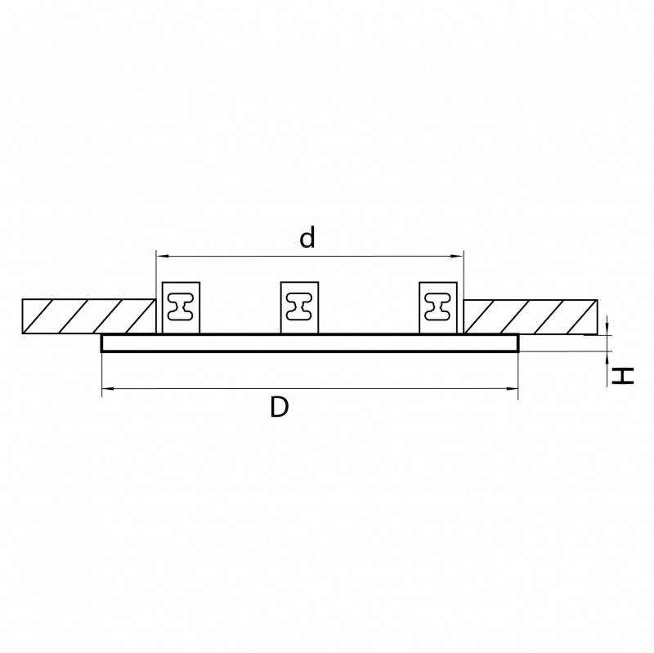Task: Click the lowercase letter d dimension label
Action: [307, 238]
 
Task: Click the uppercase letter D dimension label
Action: [280, 407]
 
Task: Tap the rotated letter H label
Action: [624, 376]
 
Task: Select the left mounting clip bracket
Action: [181, 307]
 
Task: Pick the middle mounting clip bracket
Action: [300, 307]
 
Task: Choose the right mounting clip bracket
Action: [439, 307]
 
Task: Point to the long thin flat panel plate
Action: [310, 343]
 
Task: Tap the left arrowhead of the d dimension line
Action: [160, 256]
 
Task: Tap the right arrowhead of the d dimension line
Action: [459, 256]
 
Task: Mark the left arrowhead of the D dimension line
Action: [106, 391]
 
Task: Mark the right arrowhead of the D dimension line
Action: [514, 391]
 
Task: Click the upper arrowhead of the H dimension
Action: [609, 329]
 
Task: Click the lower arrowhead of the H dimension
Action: [609, 356]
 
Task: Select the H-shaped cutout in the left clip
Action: [181, 307]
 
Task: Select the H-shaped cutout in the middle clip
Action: [300, 307]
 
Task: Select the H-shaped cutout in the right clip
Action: [439, 307]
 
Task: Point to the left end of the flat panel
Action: [104, 343]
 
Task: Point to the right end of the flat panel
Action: [517, 343]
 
